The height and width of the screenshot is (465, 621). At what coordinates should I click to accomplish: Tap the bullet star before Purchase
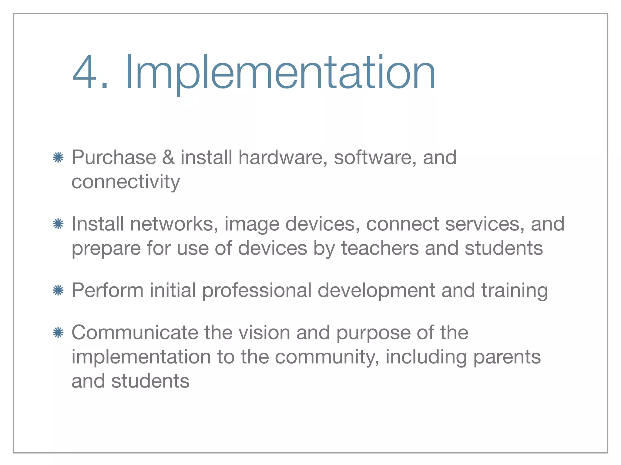tap(58, 158)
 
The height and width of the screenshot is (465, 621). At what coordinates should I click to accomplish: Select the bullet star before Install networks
tap(58, 224)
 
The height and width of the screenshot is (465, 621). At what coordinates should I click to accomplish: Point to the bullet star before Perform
tap(58, 291)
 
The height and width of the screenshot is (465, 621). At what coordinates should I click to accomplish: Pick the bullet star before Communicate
tap(58, 333)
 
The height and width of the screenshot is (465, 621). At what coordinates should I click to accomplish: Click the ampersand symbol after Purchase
tap(168, 157)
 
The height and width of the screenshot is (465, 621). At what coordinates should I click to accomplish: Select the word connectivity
tap(126, 182)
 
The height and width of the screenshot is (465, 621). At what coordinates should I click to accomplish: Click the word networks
tap(174, 224)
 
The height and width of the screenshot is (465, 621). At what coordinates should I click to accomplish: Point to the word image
tap(251, 225)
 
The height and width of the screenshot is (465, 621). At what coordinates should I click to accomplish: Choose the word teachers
tap(380, 248)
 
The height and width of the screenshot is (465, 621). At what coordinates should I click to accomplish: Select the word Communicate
tap(134, 333)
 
